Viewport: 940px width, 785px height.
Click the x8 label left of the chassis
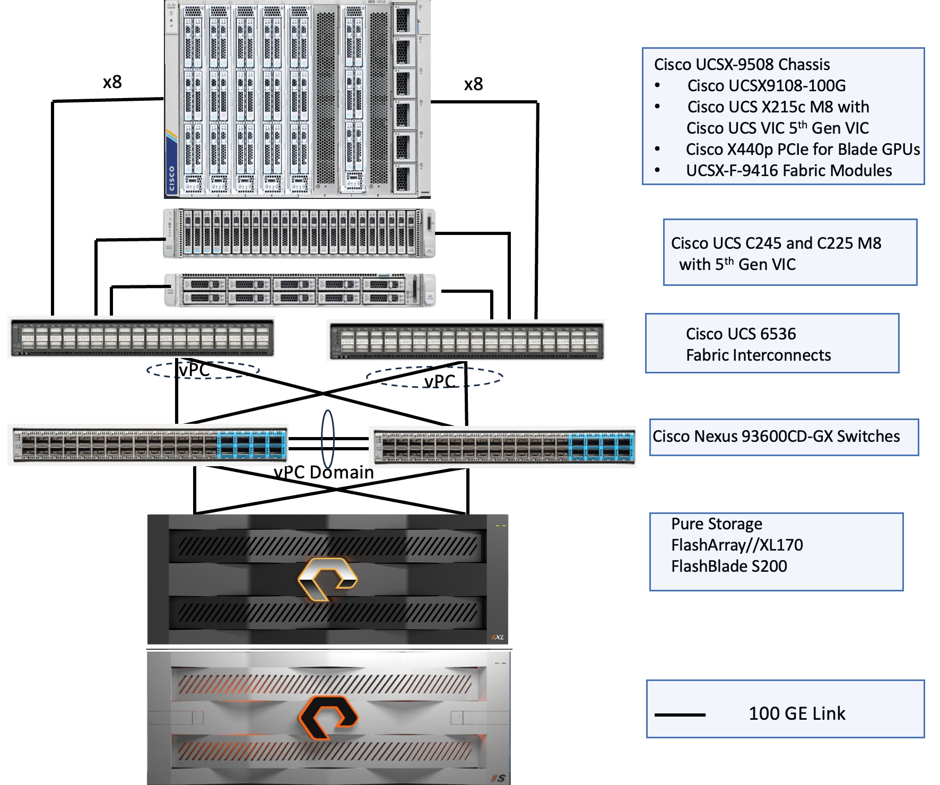point(112,82)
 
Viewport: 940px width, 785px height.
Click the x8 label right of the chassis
point(473,84)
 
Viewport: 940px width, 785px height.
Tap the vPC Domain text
point(324,472)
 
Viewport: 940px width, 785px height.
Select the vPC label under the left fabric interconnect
point(195,370)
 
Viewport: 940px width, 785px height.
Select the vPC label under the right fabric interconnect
point(439,381)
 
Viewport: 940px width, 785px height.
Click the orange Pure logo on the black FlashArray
point(327,579)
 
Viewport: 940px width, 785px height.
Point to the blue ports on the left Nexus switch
point(251,444)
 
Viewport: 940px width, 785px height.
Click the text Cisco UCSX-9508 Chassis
point(742,65)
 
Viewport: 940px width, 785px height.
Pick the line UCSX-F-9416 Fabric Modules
point(788,171)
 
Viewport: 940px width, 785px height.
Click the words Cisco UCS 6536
point(741,334)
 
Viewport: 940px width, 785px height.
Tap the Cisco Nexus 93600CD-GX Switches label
point(776,437)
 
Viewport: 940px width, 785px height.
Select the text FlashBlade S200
point(729,566)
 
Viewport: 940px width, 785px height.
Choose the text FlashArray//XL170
point(737,545)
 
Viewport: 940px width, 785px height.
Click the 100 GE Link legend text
point(797,714)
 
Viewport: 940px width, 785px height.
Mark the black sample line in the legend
point(680,715)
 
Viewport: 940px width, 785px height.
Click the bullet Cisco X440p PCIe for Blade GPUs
point(803,150)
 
